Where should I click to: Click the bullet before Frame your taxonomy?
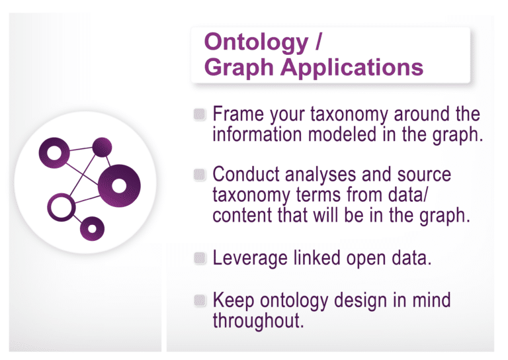point(200,114)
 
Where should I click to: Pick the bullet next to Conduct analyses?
point(200,176)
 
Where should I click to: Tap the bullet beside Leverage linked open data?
point(200,259)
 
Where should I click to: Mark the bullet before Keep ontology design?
point(200,300)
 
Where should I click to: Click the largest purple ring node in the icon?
point(120,183)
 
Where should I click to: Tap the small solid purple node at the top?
point(102,147)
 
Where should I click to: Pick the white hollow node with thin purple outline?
point(62,207)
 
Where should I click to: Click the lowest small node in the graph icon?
point(93,228)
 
